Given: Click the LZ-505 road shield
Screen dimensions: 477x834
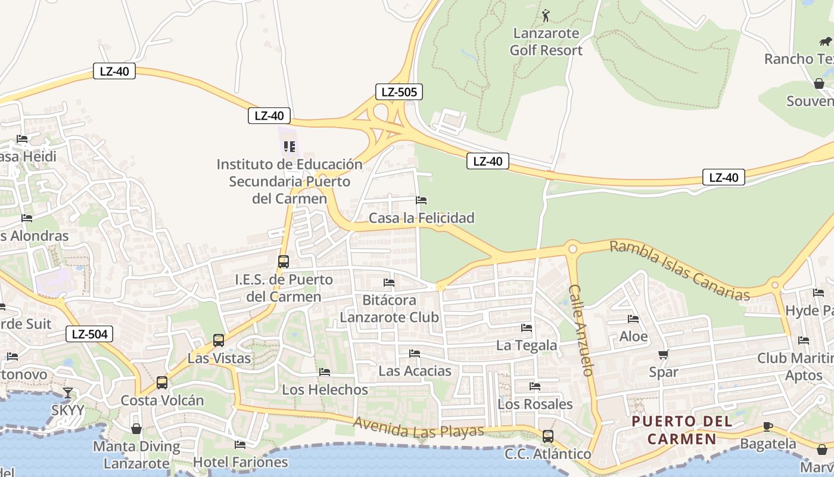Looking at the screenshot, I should pos(399,92).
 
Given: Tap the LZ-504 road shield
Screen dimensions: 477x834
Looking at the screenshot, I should pos(89,334).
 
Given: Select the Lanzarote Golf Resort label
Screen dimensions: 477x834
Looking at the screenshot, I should pos(546,42).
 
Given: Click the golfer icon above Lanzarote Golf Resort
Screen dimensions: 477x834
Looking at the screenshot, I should pos(546,15).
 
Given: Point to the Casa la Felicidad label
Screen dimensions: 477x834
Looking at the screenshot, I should pos(422,218).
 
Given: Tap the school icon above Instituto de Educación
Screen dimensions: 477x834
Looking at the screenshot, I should pos(290,146).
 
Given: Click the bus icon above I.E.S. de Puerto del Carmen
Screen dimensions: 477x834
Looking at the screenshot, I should pos(284,262).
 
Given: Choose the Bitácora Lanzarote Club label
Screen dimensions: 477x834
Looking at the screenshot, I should pos(390,308).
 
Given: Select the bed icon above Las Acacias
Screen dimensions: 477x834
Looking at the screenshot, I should pos(415,354).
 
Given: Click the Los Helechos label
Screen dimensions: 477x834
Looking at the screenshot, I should pos(325,390).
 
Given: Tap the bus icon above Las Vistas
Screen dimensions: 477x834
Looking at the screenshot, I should pos(219,340).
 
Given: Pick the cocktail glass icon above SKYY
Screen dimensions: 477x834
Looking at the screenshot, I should pos(68,393).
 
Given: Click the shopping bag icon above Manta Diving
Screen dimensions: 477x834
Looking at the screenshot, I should pos(136,429).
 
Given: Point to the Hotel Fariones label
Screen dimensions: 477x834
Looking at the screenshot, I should pos(240,462).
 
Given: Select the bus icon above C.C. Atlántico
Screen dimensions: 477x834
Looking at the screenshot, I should pos(548,436).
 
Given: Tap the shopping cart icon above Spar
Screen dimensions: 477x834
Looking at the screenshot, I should pos(664,355).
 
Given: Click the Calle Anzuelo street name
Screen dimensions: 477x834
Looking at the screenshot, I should pos(580,330).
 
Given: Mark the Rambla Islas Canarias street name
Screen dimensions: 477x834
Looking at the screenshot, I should pos(679,270).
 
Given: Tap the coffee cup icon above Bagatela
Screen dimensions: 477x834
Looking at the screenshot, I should pos(768,426).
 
